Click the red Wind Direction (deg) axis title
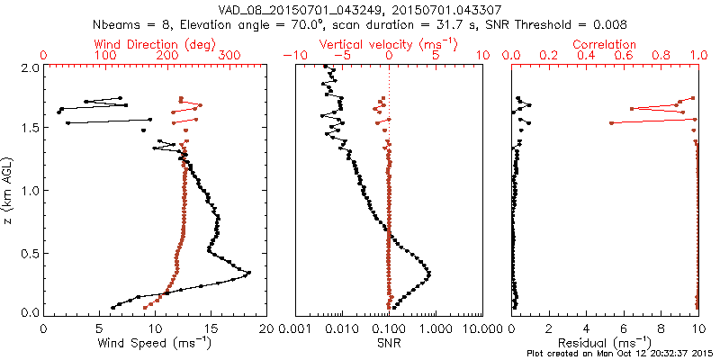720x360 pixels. pos(155,44)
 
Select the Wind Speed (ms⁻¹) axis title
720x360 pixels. pos(155,343)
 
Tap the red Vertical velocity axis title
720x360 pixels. pos(389,44)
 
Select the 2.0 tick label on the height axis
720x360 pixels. pos(29,67)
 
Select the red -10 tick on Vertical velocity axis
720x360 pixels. pos(295,56)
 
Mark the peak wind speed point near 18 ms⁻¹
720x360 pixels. pos(248,273)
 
